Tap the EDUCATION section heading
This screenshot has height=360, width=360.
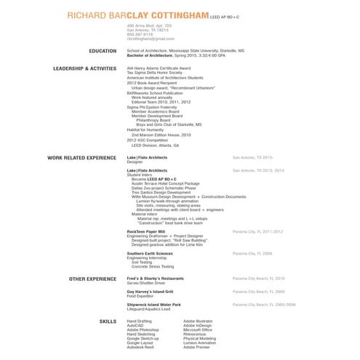click(102, 51)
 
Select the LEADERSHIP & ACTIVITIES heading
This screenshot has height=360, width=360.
click(84, 68)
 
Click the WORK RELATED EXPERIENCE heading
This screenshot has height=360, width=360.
click(81, 157)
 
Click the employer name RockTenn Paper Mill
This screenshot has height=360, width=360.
click(147, 231)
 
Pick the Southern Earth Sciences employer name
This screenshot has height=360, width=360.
click(150, 253)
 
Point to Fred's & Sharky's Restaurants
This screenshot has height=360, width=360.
click(155, 279)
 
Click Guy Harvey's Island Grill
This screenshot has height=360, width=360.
click(150, 291)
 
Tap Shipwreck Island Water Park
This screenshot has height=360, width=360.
click(153, 304)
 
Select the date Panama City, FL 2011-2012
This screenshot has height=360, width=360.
click(257, 231)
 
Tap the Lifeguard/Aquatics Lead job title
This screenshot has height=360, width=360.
click(148, 308)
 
